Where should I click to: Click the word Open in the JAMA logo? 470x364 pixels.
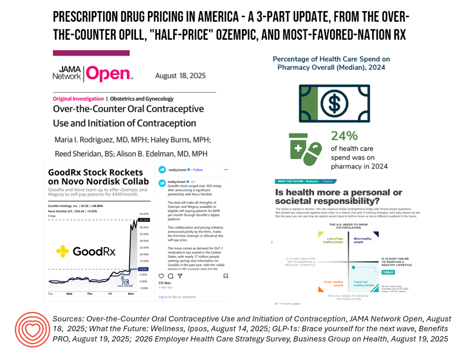tap(108, 75)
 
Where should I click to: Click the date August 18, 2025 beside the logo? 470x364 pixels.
tap(180, 76)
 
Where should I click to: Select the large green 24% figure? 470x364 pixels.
tap(344, 136)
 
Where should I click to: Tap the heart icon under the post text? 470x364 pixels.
tap(162, 276)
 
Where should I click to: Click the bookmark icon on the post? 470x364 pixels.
tap(225, 276)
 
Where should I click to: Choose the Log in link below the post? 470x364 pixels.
tap(163, 297)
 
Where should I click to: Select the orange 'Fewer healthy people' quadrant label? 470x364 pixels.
tap(334, 283)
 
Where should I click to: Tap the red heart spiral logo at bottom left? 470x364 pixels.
tap(32, 329)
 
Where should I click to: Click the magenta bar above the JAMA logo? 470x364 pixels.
tap(91, 53)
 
